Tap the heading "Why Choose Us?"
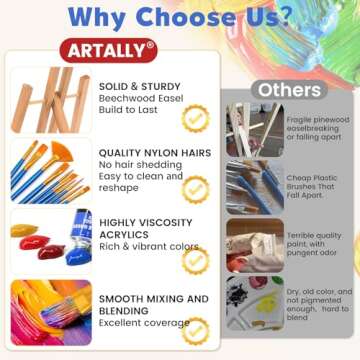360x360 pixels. coord(180,16)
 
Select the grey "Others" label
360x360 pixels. coord(288,90)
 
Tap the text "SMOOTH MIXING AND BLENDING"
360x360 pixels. coord(154,305)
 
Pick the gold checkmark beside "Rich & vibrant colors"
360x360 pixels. coord(197,258)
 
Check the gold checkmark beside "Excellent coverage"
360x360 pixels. coord(198,330)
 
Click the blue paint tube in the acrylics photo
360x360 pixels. coord(82,238)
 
